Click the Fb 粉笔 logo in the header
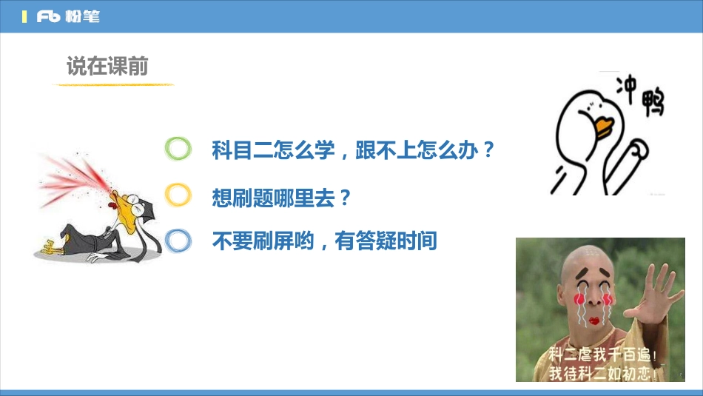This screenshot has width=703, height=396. pyautogui.click(x=68, y=16)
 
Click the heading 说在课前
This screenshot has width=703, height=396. pyautogui.click(x=107, y=67)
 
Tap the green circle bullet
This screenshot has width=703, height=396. pyautogui.click(x=178, y=149)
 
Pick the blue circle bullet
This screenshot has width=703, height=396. pyautogui.click(x=178, y=240)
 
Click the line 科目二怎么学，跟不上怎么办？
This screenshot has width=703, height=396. pyautogui.click(x=352, y=150)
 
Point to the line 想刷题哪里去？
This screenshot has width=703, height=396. pyautogui.click(x=280, y=197)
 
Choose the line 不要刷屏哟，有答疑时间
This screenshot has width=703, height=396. pyautogui.click(x=324, y=241)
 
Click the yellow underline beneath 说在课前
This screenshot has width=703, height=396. pyautogui.click(x=112, y=84)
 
